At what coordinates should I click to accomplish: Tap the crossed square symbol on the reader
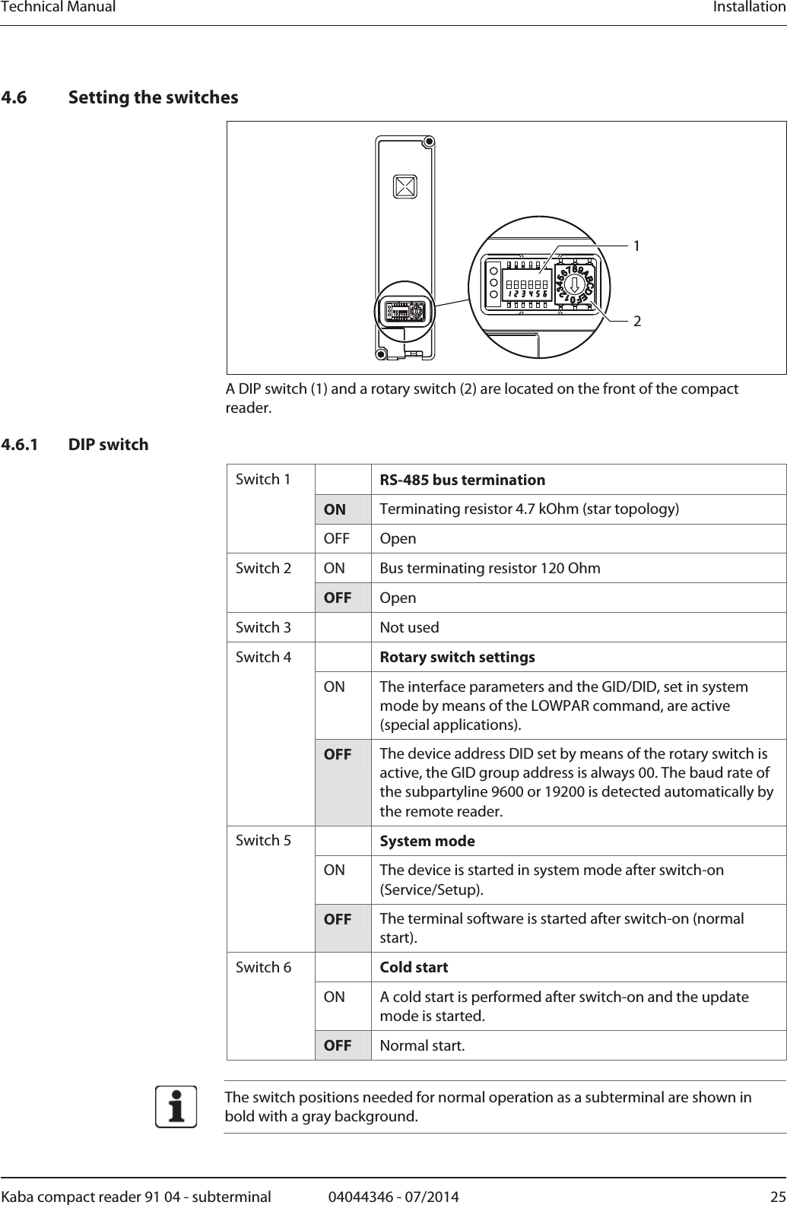click(405, 186)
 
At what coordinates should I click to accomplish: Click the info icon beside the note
click(176, 1107)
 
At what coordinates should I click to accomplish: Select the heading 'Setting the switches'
click(153, 97)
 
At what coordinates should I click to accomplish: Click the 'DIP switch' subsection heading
click(109, 445)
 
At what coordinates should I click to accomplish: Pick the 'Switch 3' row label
click(263, 628)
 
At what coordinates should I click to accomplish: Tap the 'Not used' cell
click(409, 628)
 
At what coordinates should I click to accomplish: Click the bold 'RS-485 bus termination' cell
click(462, 480)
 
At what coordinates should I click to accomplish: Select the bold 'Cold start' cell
click(414, 968)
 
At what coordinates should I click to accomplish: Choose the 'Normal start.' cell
click(422, 1046)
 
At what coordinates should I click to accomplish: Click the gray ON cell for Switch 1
click(335, 509)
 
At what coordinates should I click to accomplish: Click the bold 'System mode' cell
click(427, 842)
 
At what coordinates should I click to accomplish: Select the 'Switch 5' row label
click(263, 841)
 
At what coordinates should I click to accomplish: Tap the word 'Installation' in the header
click(748, 8)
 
